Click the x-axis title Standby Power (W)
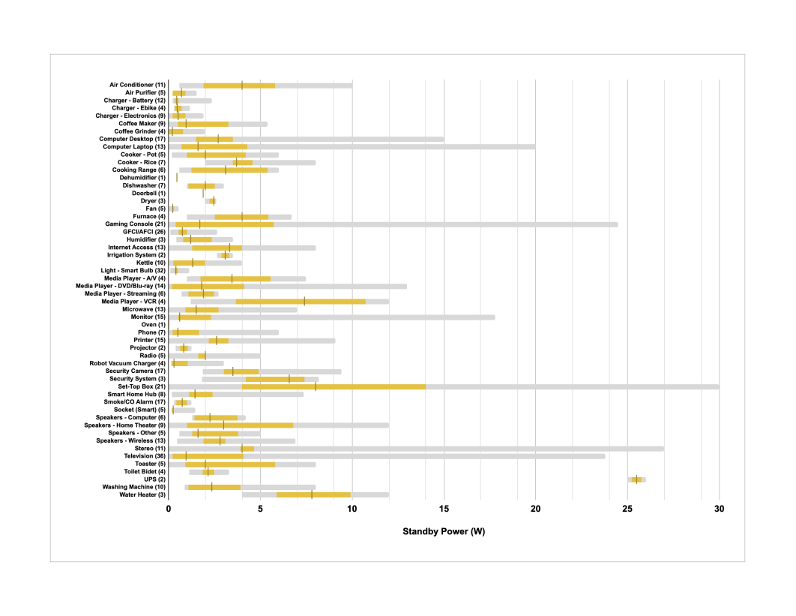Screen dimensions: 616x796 (444, 532)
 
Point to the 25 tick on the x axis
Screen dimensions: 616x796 (627, 509)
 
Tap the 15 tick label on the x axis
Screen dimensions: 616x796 (444, 509)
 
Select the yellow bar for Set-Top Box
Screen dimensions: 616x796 (334, 386)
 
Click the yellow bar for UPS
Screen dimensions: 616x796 (636, 479)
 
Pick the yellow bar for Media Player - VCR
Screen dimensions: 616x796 (301, 302)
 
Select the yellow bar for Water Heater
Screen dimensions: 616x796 (313, 494)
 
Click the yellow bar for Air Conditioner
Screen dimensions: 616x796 (239, 86)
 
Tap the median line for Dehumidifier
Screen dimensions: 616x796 (177, 178)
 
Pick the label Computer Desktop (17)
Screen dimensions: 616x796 (132, 140)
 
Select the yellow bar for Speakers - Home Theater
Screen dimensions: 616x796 (240, 425)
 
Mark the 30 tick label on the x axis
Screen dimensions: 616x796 (719, 509)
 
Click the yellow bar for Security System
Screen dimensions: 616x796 (274, 379)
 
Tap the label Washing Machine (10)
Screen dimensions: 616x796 (134, 487)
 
